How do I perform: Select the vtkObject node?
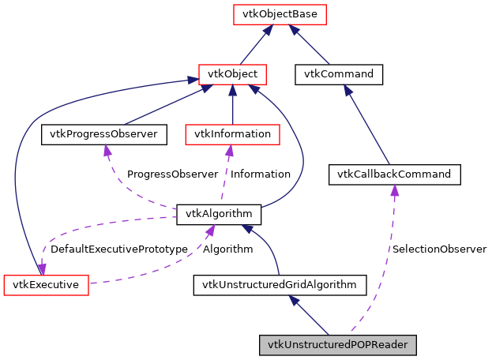(x=232, y=74)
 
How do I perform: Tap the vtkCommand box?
(x=339, y=74)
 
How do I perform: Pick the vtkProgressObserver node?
(x=104, y=134)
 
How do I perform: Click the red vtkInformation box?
(x=231, y=134)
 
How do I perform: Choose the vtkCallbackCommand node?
(x=393, y=174)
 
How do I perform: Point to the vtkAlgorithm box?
(x=219, y=213)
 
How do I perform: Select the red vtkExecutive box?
(x=46, y=284)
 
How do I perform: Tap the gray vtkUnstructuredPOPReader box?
(x=337, y=345)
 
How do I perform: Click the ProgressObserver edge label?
(x=172, y=174)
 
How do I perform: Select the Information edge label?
(x=260, y=174)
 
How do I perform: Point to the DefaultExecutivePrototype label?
(x=118, y=249)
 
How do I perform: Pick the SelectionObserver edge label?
(x=439, y=249)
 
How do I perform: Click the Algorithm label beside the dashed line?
(x=227, y=249)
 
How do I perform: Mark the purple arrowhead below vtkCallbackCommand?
(x=393, y=190)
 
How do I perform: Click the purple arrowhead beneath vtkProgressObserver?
(x=108, y=150)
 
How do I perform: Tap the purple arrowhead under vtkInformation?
(x=229, y=150)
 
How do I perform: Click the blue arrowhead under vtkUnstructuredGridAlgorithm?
(x=294, y=301)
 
